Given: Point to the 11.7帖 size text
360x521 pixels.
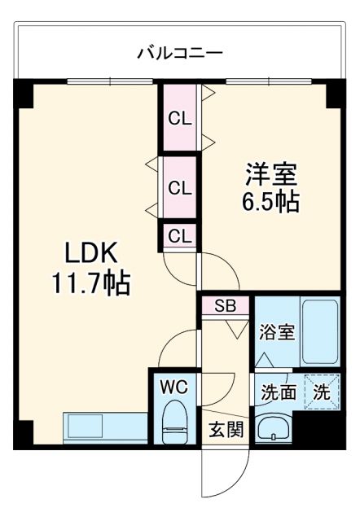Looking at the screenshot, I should pyautogui.click(x=90, y=284).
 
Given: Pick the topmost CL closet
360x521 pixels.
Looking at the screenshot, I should pyautogui.click(x=179, y=118).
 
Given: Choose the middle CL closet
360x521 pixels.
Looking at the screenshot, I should pyautogui.click(x=179, y=187).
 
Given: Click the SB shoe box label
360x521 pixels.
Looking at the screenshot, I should pyautogui.click(x=224, y=307).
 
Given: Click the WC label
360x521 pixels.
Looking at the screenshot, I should pyautogui.click(x=173, y=386).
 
